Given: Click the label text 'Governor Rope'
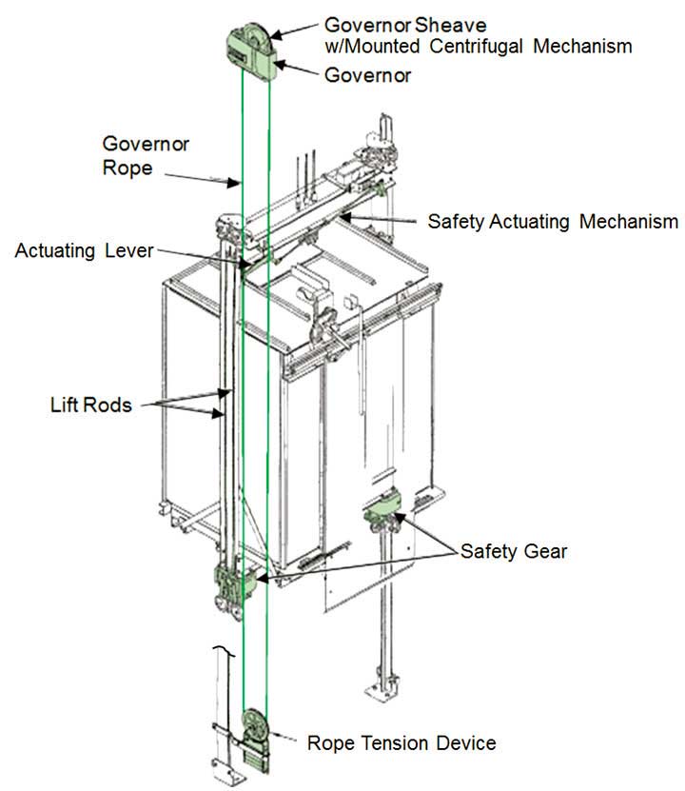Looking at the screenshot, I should (146, 155).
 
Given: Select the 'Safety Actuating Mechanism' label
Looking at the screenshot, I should (552, 222).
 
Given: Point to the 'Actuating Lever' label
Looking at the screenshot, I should (84, 250).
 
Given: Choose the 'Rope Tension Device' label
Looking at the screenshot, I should (401, 742).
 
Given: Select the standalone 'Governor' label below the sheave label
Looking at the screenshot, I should (368, 75).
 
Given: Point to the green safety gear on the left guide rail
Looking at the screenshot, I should (231, 583).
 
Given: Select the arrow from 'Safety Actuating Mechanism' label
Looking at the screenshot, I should (381, 220).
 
